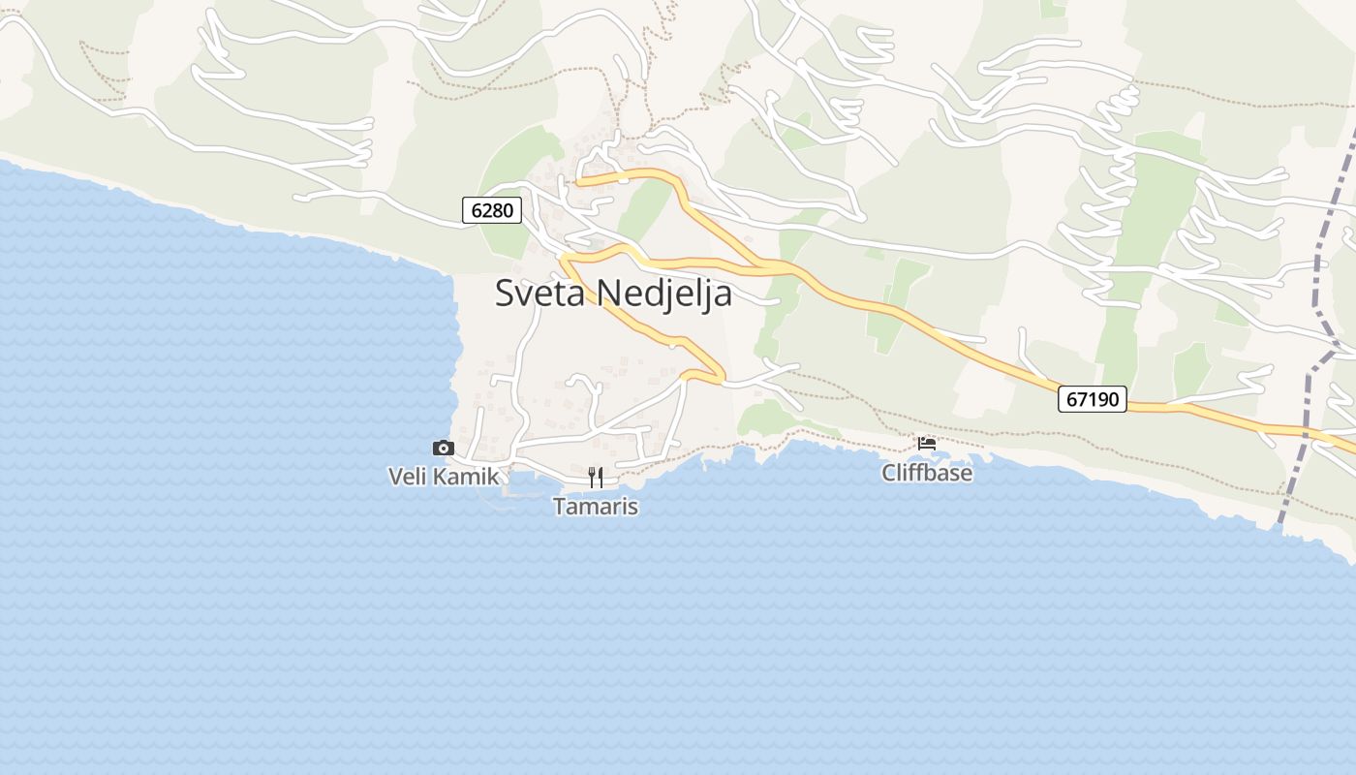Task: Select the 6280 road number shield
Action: coord(492,209)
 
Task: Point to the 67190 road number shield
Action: coord(1093,398)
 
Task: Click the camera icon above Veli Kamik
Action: coord(443,448)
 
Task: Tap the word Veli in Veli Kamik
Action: coord(407,477)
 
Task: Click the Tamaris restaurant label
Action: coord(596,506)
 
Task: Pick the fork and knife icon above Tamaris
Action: coord(596,477)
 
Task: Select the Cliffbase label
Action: coord(927,473)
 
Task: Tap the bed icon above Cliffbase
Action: coord(927,444)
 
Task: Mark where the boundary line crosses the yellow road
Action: coord(1304,429)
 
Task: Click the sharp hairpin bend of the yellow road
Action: coord(721,376)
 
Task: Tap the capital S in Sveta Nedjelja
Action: coord(505,293)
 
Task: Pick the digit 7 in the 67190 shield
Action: coord(1080,398)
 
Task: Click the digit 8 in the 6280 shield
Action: coord(499,209)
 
